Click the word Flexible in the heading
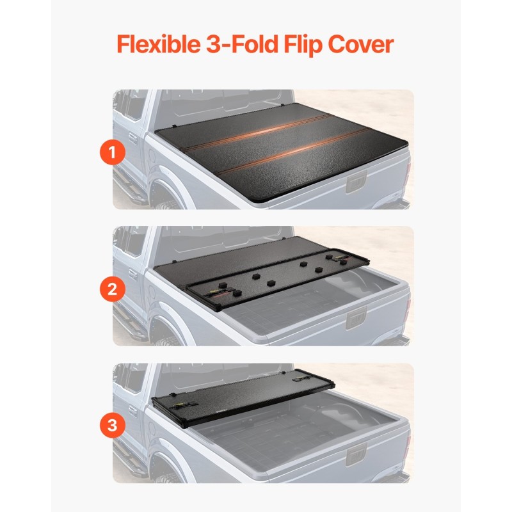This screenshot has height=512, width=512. point(158,44)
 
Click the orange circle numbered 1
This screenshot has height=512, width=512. point(113,152)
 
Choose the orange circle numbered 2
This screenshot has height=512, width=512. point(113,289)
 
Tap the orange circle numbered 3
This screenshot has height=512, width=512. point(113,426)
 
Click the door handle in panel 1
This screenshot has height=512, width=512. point(132,138)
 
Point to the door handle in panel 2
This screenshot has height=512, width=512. point(132,275)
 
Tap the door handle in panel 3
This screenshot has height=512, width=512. point(132,412)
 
